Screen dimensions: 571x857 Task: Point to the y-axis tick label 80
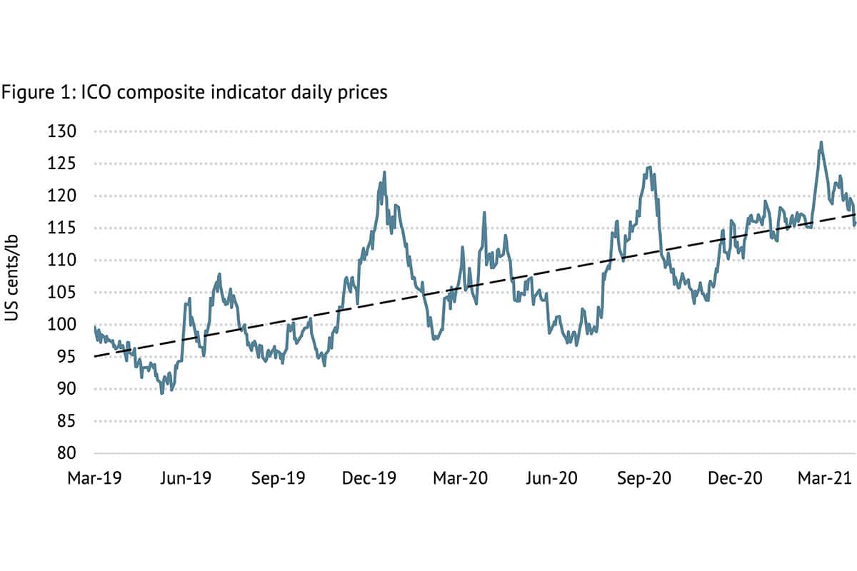(74, 453)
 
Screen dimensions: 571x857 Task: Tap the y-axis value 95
(74, 357)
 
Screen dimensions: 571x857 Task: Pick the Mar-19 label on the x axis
(95, 478)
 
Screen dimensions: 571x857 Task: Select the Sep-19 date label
(278, 478)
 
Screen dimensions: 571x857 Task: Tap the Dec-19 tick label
(369, 478)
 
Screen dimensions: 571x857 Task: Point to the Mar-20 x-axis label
(461, 478)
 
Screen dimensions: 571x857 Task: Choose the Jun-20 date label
(551, 478)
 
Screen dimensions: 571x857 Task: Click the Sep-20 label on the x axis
(643, 478)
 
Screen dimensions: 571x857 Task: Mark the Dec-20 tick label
(735, 478)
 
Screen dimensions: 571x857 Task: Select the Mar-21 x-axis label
(826, 478)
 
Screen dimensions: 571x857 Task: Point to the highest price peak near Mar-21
(821, 142)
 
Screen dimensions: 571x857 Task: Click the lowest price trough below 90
(162, 393)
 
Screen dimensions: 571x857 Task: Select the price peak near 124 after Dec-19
(384, 172)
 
